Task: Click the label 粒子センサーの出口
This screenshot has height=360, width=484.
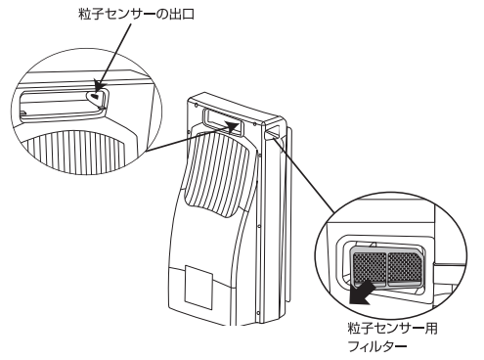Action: click(137, 15)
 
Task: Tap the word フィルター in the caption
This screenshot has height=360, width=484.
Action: click(377, 346)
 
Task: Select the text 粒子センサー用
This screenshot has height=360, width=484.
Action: click(392, 329)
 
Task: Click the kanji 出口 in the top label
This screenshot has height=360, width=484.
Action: click(182, 15)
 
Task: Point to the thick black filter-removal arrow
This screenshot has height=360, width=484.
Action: click(361, 292)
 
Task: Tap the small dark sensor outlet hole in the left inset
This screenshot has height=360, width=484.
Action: click(94, 96)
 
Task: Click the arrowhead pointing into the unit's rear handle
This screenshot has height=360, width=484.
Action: click(233, 126)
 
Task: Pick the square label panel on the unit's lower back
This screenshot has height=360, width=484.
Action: click(198, 288)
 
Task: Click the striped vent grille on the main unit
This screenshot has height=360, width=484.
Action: click(218, 175)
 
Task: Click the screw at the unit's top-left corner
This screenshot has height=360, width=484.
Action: click(195, 105)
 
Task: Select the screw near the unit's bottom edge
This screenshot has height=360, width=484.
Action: click(259, 314)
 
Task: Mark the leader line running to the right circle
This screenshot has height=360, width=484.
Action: click(305, 176)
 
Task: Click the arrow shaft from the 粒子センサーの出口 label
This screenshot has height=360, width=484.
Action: click(114, 56)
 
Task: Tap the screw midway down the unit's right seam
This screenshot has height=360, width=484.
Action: click(259, 226)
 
